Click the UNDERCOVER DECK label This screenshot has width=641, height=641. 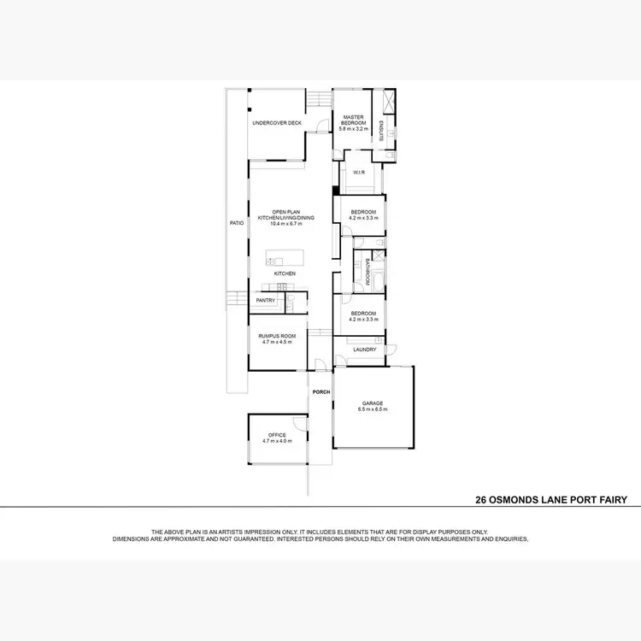pyautogui.click(x=277, y=123)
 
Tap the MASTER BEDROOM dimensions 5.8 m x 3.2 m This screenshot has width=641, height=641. pyautogui.click(x=354, y=128)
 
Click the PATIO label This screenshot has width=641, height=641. pyautogui.click(x=237, y=223)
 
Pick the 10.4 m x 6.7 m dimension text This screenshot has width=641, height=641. pyautogui.click(x=293, y=224)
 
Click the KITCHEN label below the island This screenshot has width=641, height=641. pyautogui.click(x=285, y=273)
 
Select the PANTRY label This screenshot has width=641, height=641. pyautogui.click(x=266, y=301)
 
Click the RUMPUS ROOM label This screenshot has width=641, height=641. pyautogui.click(x=277, y=336)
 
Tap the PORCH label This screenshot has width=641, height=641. pyautogui.click(x=321, y=392)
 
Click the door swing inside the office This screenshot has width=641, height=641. pyautogui.click(x=298, y=423)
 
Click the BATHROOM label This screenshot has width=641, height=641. pyautogui.click(x=368, y=273)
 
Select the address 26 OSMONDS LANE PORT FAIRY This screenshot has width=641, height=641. pyautogui.click(x=551, y=500)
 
